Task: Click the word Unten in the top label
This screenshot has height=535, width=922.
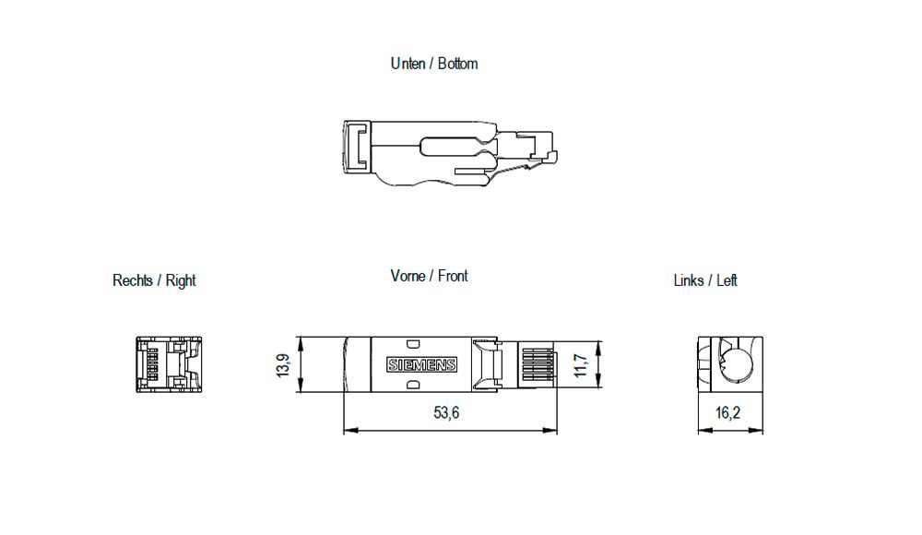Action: pos(408,64)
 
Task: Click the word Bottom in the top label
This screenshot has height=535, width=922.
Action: pos(457,64)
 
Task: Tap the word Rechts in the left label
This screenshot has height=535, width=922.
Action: pos(134,280)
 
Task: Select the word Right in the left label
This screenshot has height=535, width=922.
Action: pos(181,280)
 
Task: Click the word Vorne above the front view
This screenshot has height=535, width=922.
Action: pos(408,276)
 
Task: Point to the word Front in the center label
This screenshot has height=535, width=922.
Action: pos(453,276)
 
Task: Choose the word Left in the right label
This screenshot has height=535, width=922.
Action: pos(727,280)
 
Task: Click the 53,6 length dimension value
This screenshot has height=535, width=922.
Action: pos(446,413)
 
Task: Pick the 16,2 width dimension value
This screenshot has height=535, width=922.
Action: pos(728,413)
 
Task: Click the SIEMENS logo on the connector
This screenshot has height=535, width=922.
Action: pos(420,365)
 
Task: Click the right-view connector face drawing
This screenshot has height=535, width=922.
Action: pos(168,365)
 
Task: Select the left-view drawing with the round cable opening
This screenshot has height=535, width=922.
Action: pos(729,365)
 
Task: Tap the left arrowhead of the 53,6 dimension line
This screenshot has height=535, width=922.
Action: pos(348,430)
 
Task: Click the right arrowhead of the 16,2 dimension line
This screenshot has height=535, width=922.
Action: pos(760,430)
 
